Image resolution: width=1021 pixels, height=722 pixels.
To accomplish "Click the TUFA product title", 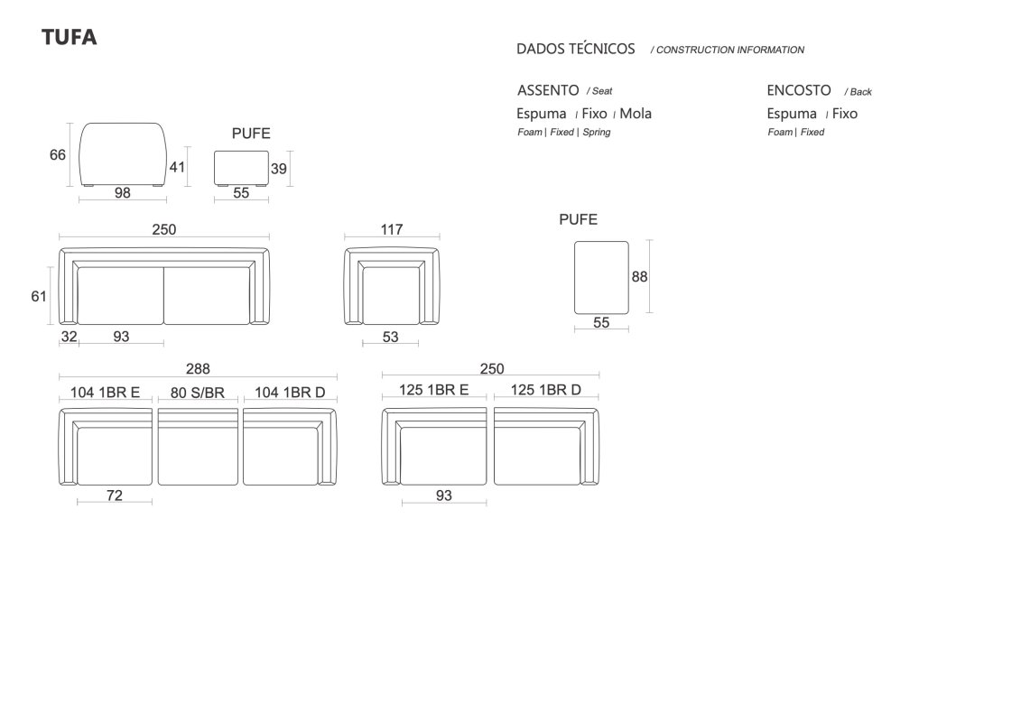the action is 69,37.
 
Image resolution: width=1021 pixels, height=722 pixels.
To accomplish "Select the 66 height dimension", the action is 57,155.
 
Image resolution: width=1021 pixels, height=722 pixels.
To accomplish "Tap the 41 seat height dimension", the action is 177,167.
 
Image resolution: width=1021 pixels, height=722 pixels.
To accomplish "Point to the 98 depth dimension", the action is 123,193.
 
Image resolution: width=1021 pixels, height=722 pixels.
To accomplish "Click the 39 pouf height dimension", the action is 279,170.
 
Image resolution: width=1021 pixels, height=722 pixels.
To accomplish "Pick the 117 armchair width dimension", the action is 392,230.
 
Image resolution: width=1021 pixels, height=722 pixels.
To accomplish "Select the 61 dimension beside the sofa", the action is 39,296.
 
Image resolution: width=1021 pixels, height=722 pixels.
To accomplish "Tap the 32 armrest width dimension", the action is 69,337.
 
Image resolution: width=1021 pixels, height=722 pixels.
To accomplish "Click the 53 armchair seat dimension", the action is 390,338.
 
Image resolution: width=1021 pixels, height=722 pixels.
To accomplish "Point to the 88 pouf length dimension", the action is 639,277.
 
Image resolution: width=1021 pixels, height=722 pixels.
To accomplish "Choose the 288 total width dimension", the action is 198,369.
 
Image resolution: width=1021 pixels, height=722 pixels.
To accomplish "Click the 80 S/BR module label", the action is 198,393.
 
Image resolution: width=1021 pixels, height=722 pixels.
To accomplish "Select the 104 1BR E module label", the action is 105,393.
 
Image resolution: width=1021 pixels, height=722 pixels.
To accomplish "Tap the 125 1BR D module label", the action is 545,390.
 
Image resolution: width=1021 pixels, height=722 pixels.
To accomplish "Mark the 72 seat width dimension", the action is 115,495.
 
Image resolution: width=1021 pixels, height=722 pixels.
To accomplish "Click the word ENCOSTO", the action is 799,90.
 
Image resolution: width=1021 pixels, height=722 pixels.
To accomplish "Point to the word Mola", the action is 636,114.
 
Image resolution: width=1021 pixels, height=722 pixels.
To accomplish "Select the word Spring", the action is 597,132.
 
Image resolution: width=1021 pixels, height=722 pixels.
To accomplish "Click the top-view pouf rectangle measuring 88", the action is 601,278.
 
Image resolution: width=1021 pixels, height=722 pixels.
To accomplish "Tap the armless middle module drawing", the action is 198,448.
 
